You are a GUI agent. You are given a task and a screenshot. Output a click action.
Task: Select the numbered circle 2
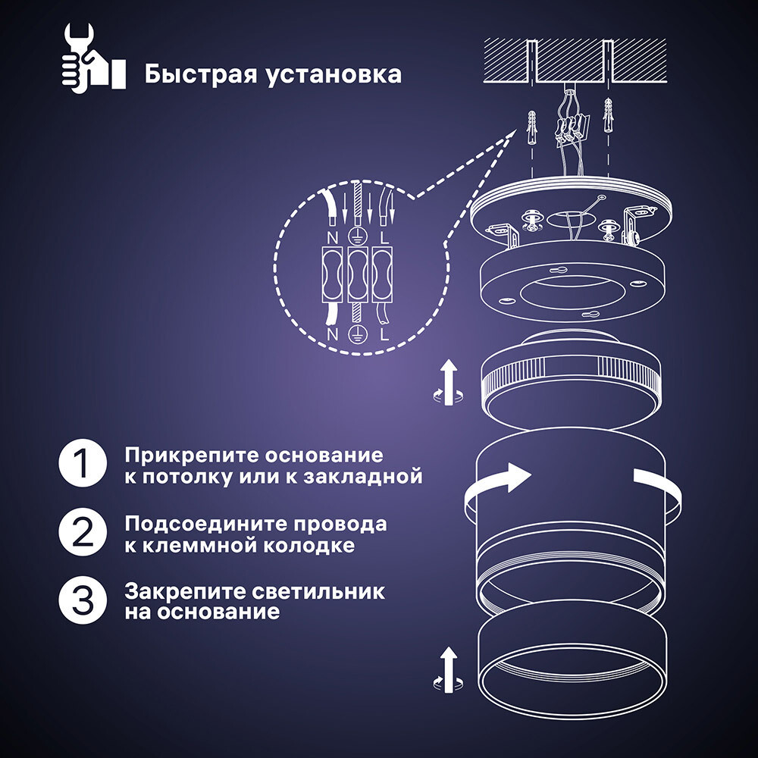coord(82,534)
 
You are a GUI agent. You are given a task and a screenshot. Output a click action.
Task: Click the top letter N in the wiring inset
coord(330,236)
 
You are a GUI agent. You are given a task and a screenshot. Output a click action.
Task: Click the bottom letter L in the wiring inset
coord(385,333)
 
